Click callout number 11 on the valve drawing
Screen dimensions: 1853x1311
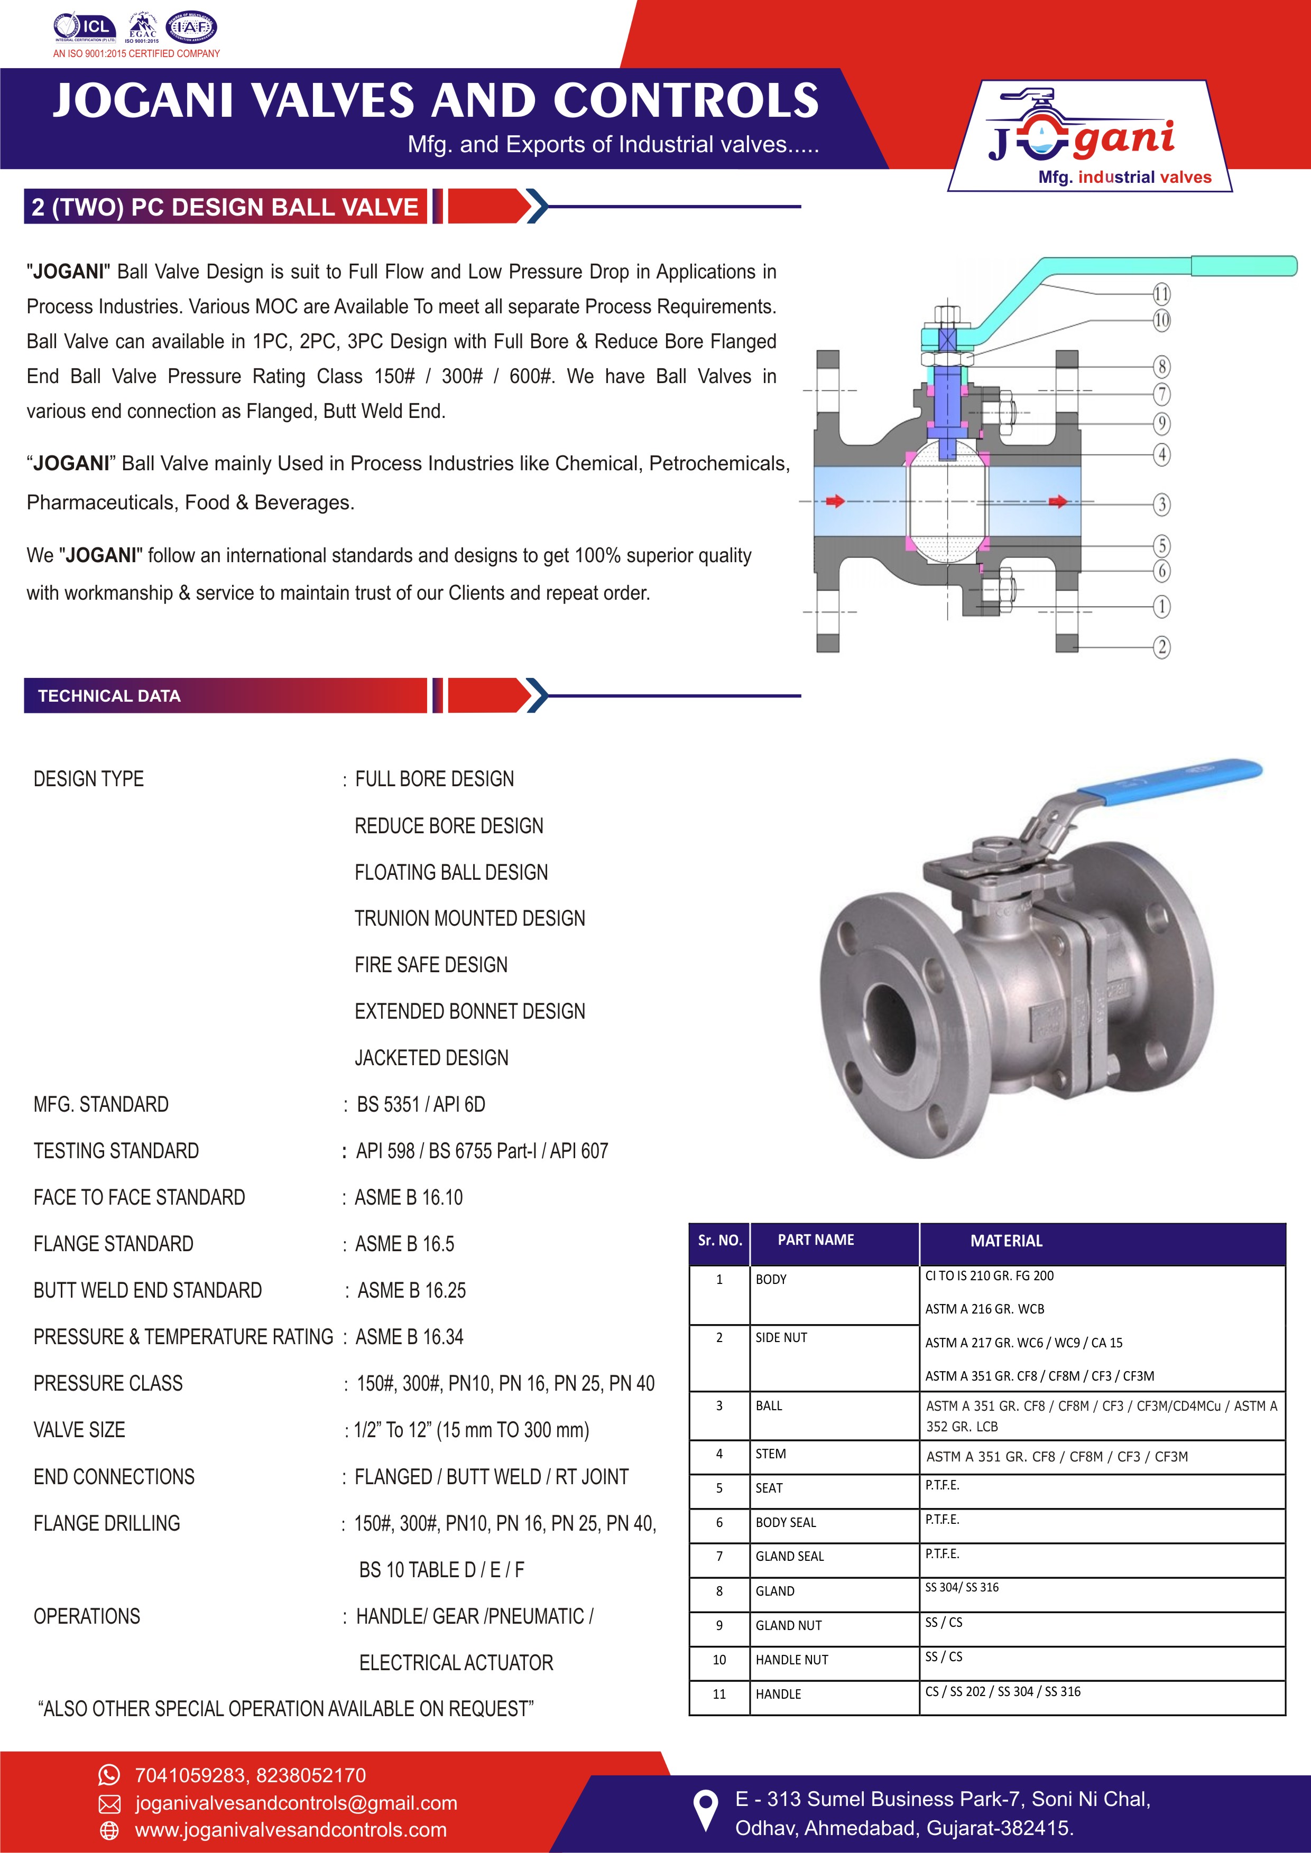point(1161,294)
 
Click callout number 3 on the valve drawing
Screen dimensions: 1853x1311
point(1161,505)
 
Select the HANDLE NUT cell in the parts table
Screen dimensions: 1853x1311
point(792,1659)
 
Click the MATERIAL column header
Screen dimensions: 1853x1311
point(1006,1241)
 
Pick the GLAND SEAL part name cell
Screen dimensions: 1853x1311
point(789,1556)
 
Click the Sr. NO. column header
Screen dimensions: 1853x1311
point(719,1241)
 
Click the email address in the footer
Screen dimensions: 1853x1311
point(296,1802)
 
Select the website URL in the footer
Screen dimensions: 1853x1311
point(291,1830)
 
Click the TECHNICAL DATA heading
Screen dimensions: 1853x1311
point(109,696)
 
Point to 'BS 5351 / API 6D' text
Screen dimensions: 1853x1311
point(421,1104)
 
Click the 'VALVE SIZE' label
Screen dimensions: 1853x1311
point(79,1430)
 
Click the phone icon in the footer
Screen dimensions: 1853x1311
point(108,1775)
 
